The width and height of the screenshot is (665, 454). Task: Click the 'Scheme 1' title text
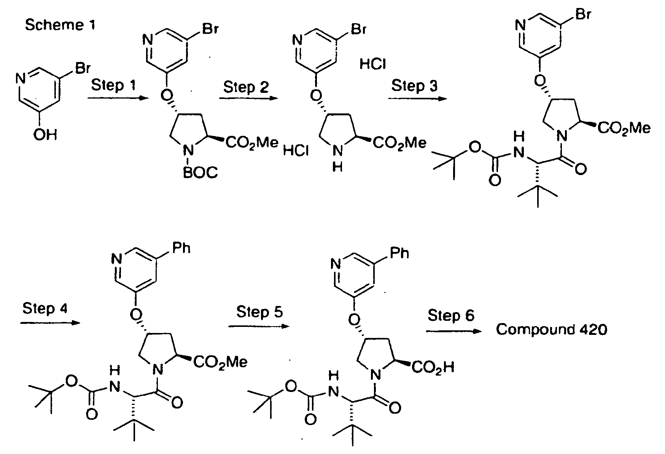point(60,25)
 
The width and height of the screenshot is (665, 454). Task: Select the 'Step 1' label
point(114,85)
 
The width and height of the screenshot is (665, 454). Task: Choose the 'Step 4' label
point(45,308)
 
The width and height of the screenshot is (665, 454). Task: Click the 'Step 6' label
point(451,315)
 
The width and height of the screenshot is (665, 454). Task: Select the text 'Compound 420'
point(552,330)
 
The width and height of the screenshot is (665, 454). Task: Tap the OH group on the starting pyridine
point(45,135)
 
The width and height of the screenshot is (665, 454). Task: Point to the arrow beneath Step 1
point(118,99)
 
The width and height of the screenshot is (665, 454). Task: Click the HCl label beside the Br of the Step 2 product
point(373,64)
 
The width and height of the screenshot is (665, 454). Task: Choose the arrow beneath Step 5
point(258,326)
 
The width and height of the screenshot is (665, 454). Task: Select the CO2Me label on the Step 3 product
point(624,128)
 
